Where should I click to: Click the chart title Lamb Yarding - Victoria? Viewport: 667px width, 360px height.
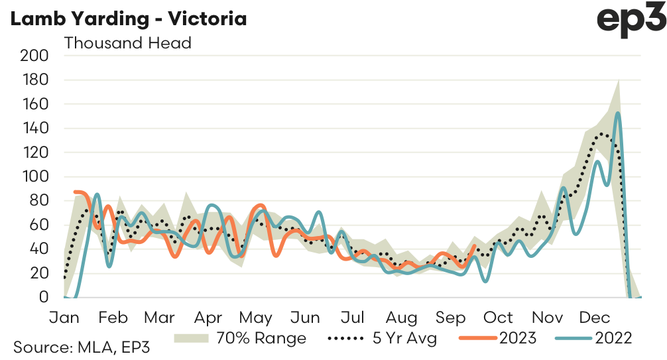click(128, 19)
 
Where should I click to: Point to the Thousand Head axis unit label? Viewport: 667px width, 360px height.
click(127, 43)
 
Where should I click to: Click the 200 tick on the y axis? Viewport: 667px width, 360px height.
click(36, 56)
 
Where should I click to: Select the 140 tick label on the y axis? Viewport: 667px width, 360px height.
click(36, 128)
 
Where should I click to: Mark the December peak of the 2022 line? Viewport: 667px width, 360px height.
click(617, 113)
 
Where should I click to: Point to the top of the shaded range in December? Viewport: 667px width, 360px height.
click(619, 80)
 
